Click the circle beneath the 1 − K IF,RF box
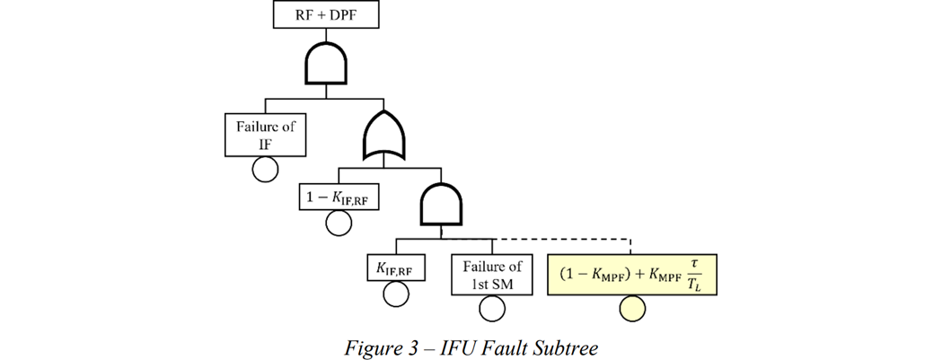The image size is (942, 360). (339, 223)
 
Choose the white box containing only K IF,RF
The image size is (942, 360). (395, 267)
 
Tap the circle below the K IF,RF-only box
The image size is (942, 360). (395, 294)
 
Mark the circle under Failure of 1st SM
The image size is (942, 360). (491, 310)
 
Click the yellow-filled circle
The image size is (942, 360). (632, 310)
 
